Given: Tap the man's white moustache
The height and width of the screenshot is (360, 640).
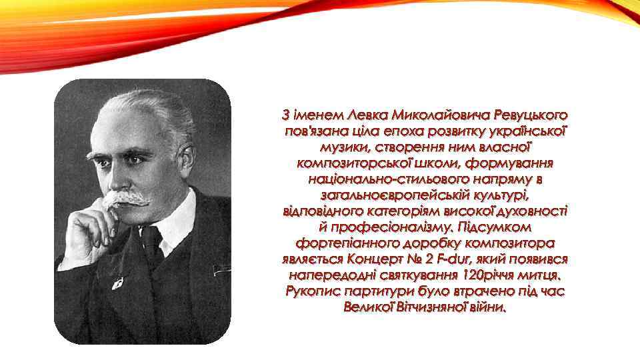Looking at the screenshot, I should tap(130, 198).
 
